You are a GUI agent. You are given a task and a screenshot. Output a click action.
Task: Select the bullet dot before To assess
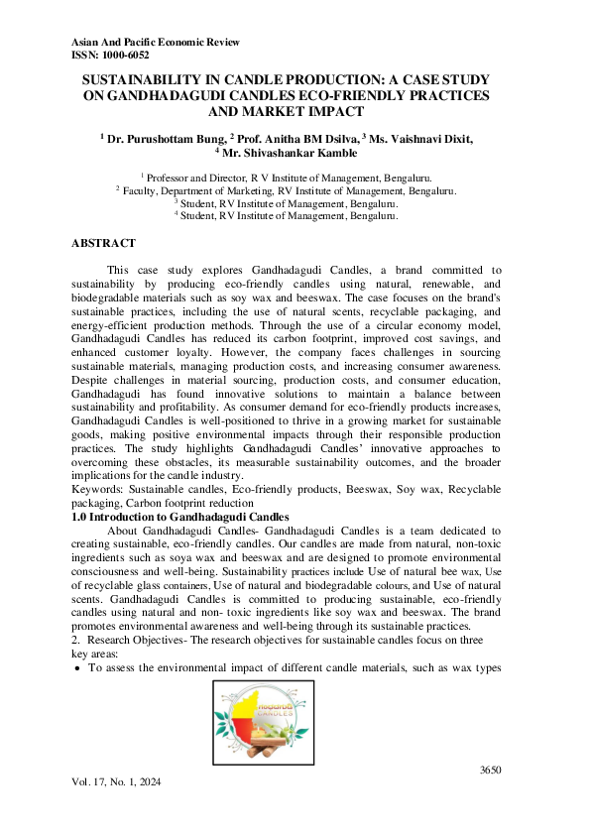tap(78, 668)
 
